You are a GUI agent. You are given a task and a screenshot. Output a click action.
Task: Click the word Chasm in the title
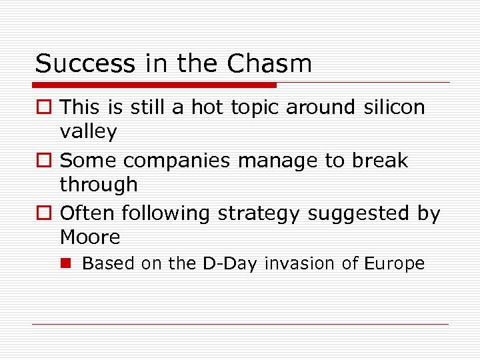(269, 64)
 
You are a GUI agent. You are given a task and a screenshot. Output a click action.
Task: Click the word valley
(88, 132)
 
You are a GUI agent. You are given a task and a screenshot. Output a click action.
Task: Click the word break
(381, 160)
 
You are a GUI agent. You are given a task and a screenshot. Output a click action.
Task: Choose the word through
(99, 185)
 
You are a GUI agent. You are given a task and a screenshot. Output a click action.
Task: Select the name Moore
(90, 237)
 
